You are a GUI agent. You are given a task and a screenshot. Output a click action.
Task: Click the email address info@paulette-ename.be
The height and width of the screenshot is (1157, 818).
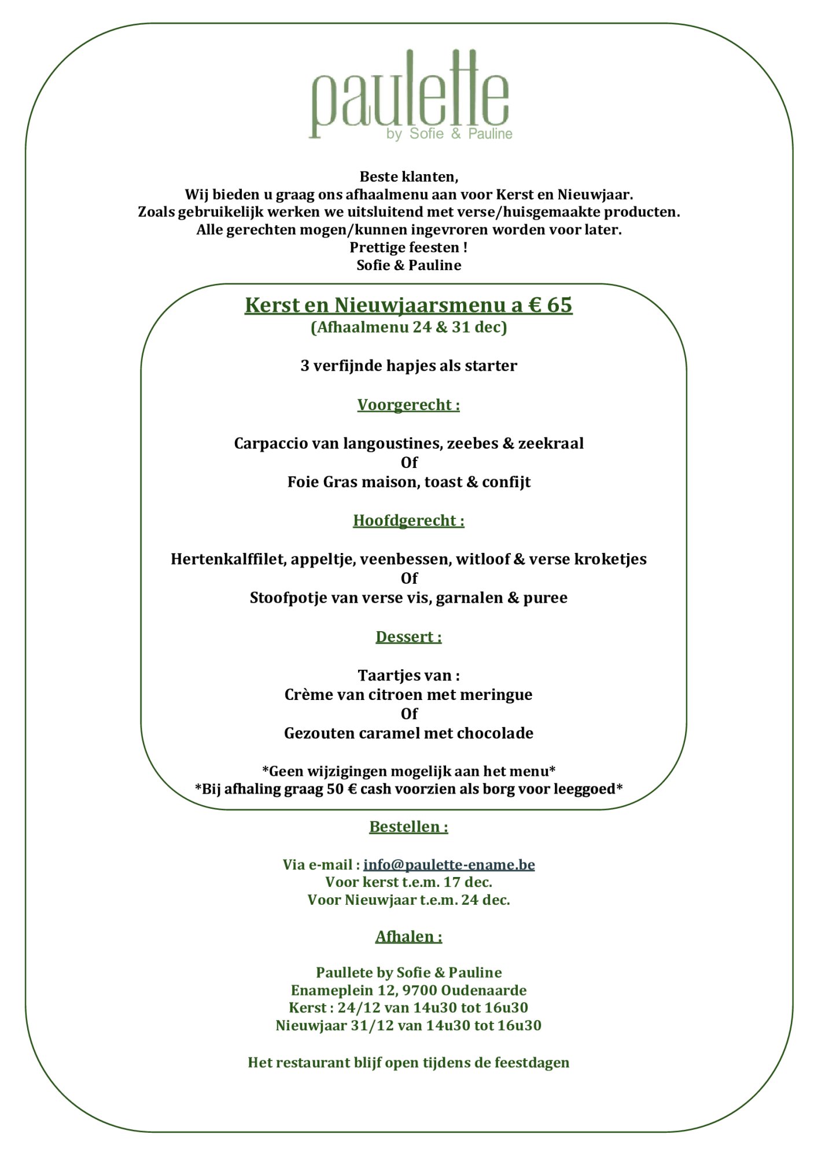click(449, 864)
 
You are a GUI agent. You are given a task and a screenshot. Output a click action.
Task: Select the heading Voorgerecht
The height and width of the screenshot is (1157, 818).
click(408, 405)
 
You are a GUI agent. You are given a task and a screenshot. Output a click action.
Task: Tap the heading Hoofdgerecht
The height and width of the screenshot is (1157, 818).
click(408, 521)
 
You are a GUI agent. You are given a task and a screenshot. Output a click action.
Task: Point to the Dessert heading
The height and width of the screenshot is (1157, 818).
click(408, 637)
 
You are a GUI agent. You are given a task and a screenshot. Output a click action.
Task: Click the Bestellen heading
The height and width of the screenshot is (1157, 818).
click(408, 827)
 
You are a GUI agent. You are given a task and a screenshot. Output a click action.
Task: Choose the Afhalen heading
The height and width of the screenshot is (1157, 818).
click(408, 937)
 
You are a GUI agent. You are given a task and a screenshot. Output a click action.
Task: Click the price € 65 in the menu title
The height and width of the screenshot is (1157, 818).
click(550, 305)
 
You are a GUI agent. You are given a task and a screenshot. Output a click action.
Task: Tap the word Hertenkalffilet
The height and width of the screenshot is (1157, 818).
click(228, 559)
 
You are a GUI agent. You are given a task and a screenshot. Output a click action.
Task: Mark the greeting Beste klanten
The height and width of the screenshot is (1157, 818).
click(408, 176)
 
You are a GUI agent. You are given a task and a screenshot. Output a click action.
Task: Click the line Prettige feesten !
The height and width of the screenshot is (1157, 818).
click(408, 248)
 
